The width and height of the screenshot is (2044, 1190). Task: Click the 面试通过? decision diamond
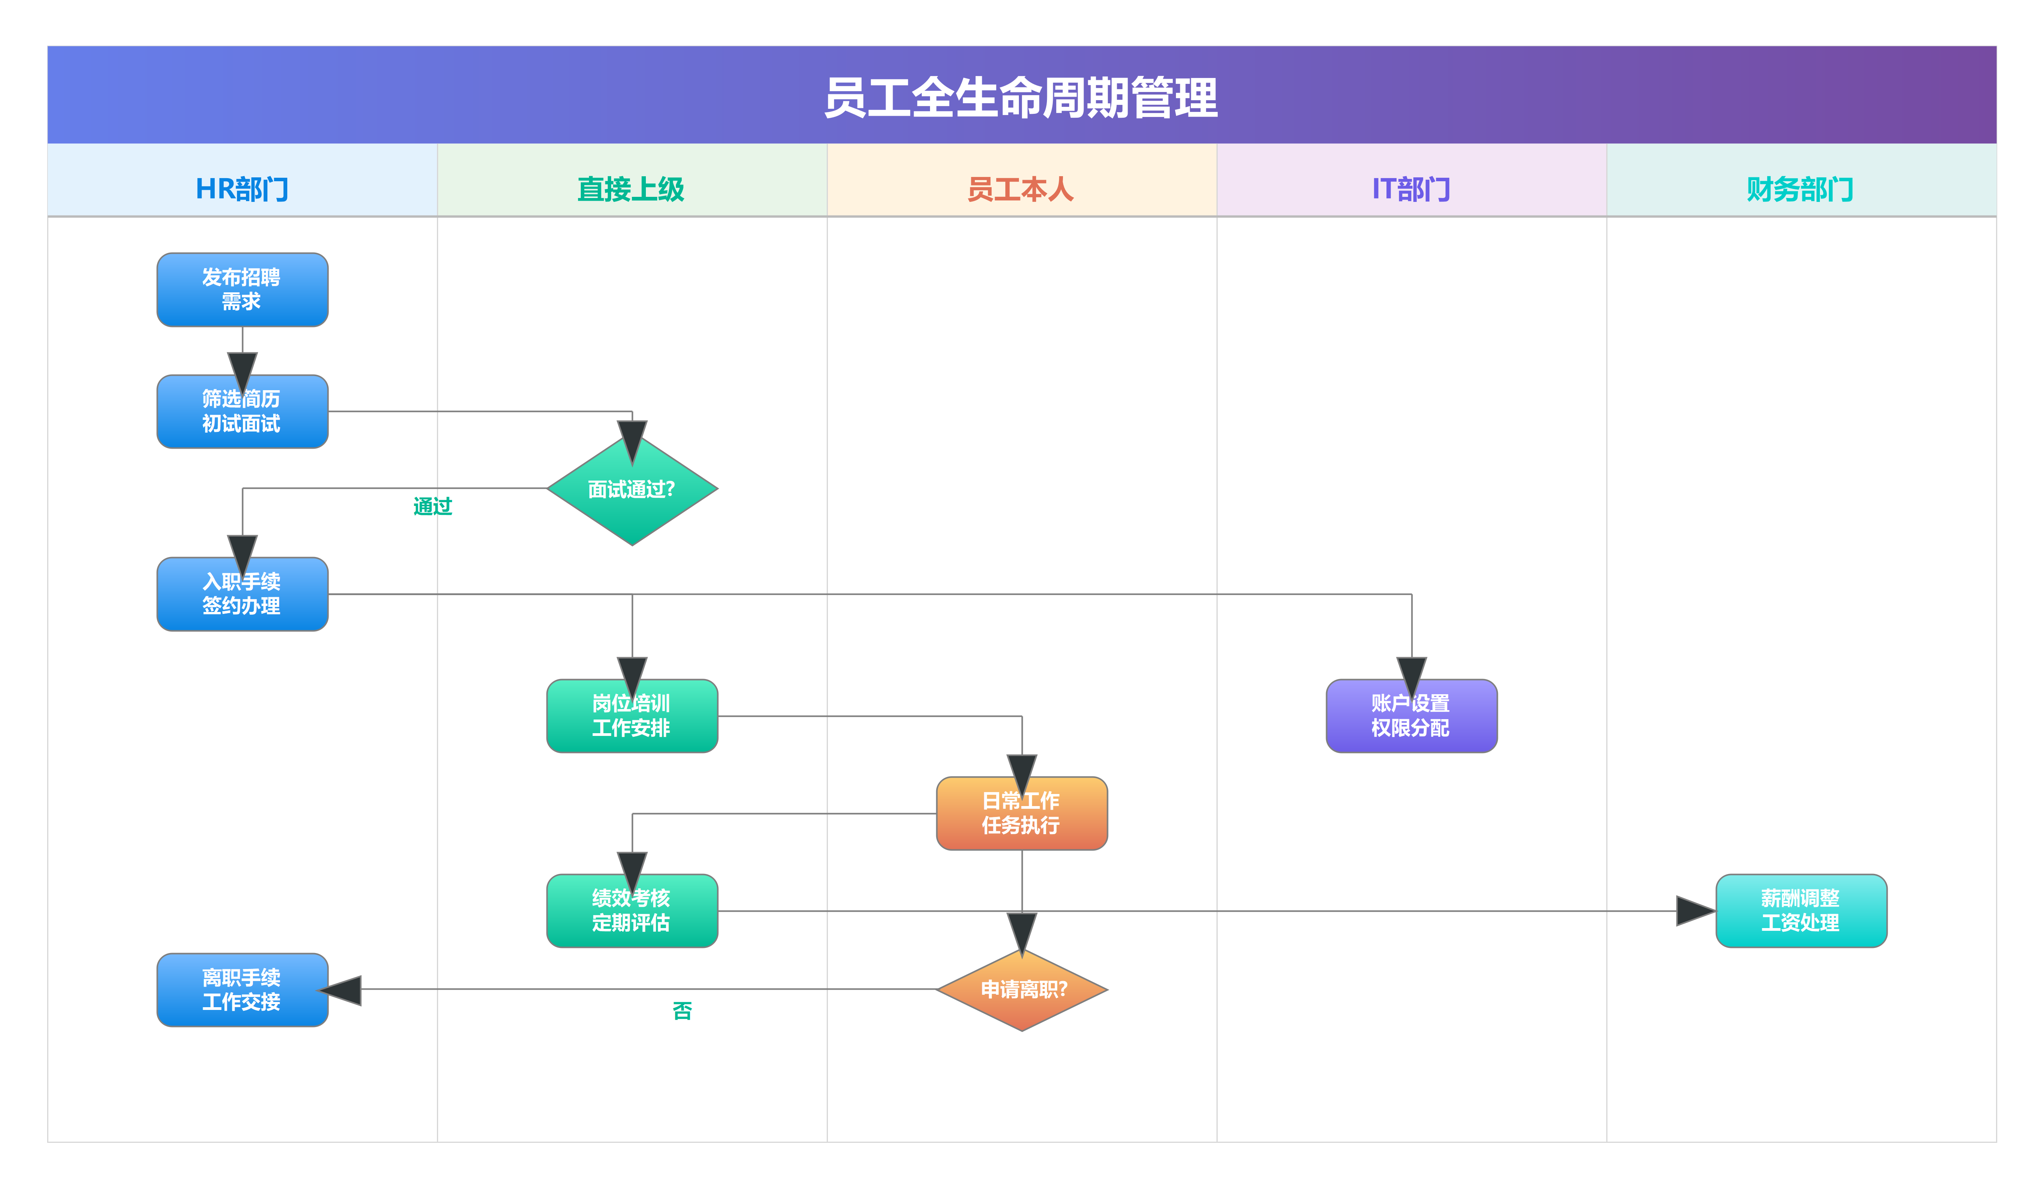pos(632,489)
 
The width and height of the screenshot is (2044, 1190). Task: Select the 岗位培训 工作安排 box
pos(632,716)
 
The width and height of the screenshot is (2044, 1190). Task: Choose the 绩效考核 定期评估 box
pos(632,910)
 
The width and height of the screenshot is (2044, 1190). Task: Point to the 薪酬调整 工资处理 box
pos(1801,910)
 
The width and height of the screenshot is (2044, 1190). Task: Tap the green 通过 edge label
pos(432,506)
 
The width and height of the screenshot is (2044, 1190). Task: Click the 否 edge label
pos(682,1011)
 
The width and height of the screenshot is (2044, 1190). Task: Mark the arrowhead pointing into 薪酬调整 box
pos(1695,910)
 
